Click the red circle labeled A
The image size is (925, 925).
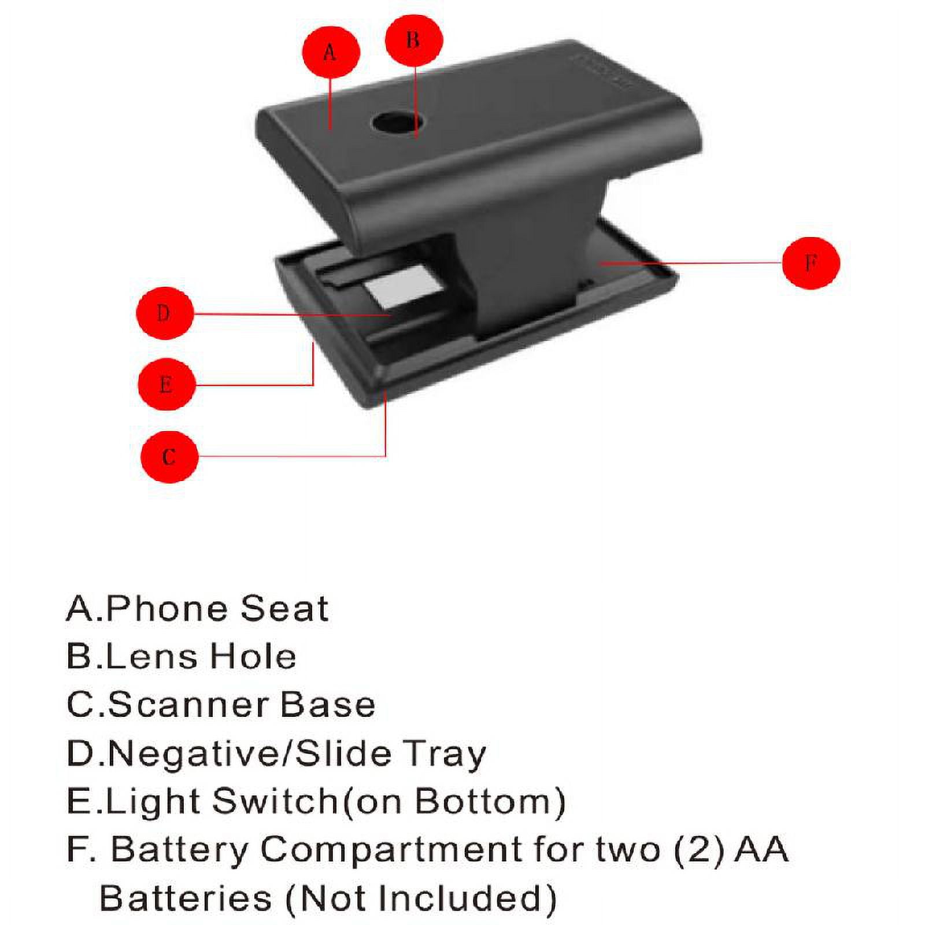click(331, 52)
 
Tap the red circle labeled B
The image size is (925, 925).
click(414, 40)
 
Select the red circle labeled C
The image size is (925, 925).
click(169, 456)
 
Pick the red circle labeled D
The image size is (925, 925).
click(164, 313)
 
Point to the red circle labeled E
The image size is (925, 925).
click(166, 384)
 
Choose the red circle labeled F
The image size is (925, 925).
click(811, 262)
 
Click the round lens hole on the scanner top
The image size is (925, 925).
click(396, 122)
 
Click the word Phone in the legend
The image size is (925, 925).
click(168, 609)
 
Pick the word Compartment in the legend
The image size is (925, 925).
click(391, 850)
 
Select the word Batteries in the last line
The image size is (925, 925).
click(186, 898)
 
